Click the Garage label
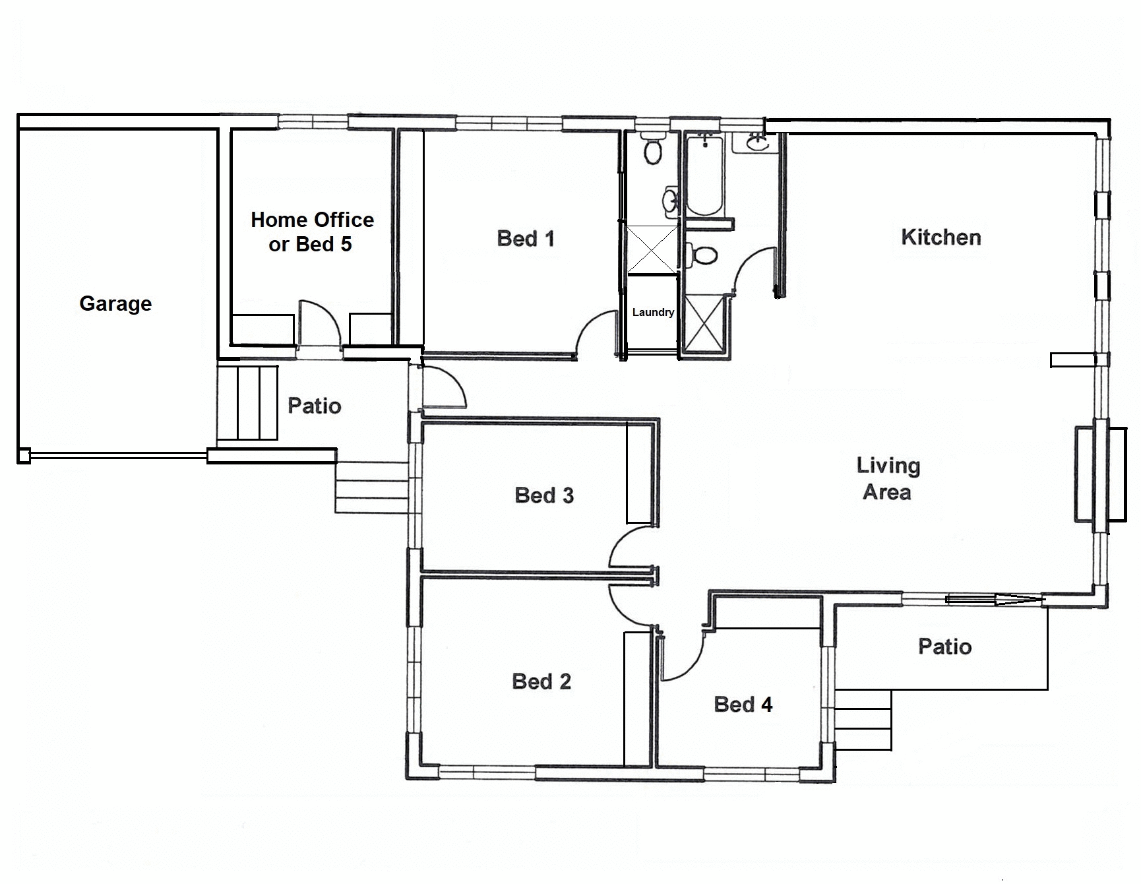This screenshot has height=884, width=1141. coord(115,303)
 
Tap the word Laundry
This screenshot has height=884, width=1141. coord(653,312)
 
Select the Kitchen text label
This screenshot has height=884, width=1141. coord(941,237)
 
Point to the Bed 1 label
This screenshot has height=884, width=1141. coord(526,238)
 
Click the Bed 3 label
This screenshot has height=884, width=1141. coord(544,495)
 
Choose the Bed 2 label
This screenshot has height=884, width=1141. coord(541,681)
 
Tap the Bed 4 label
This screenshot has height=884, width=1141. coord(743,705)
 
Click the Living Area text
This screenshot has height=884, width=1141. coord(888,479)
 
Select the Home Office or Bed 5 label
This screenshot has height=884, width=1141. coord(312,232)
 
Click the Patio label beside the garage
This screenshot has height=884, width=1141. coord(315,406)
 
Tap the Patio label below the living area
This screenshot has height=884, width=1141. coord(944,647)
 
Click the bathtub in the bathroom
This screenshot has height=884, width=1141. coord(704,175)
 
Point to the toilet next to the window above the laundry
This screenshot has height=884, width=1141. coord(653,150)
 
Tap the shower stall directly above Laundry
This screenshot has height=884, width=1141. coord(652,249)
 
